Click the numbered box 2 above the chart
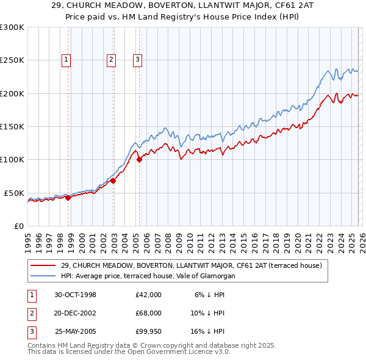111,60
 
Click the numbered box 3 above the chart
138,60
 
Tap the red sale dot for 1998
68,198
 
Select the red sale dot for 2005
139,160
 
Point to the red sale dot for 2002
113,181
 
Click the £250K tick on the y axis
12,60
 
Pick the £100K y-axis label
12,159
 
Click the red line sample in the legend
44,265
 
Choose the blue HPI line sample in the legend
44,276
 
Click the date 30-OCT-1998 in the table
76,295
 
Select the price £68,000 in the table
148,313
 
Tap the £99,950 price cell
148,331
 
